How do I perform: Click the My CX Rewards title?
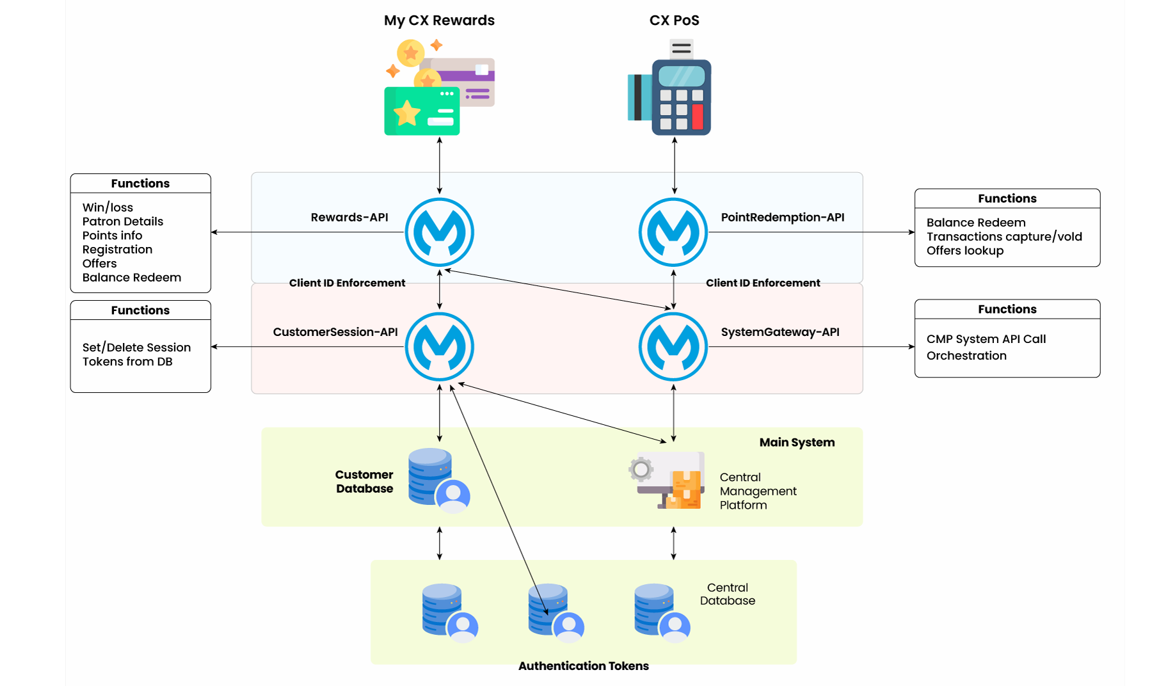point(439,20)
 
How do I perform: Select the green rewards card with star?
point(422,111)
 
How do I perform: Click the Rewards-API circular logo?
point(439,232)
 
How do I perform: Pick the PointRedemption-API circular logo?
point(673,232)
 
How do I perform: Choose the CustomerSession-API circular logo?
point(439,347)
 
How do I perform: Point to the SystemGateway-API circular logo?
point(673,347)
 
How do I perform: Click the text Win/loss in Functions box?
point(108,207)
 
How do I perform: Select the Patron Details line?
point(123,221)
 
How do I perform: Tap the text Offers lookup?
point(964,251)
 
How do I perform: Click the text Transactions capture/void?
point(1004,237)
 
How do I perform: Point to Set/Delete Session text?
point(136,347)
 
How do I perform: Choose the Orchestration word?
point(966,356)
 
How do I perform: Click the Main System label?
point(797,442)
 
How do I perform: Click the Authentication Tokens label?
point(583,666)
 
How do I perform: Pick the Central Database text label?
point(728,594)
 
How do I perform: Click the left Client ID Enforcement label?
point(347,283)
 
